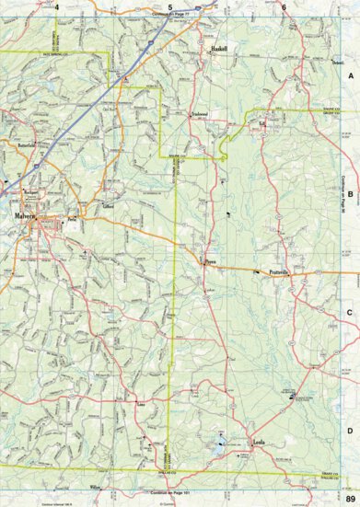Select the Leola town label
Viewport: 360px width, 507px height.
pyautogui.click(x=260, y=443)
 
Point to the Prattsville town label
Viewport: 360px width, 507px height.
pyautogui.click(x=279, y=248)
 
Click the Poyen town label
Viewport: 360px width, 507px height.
pyautogui.click(x=209, y=236)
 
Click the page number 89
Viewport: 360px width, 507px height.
pyautogui.click(x=351, y=499)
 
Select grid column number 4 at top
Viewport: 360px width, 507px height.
pyautogui.click(x=57, y=6)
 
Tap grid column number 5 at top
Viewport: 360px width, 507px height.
pyautogui.click(x=170, y=6)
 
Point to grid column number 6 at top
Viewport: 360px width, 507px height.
pyautogui.click(x=285, y=6)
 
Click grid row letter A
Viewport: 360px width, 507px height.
pyautogui.click(x=350, y=78)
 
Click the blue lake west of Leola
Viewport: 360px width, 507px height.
pyautogui.click(x=218, y=450)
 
